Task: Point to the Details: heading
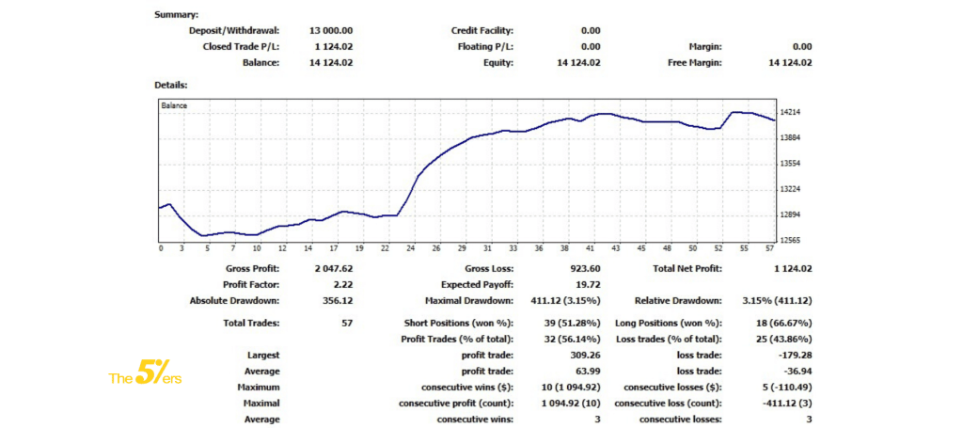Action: pos(171,85)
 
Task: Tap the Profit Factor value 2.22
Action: pos(343,284)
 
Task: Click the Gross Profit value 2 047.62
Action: pos(334,268)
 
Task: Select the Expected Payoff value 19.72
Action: pos(588,284)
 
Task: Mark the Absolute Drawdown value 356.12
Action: pos(338,300)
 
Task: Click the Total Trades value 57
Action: pos(346,323)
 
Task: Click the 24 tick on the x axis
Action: pos(410,249)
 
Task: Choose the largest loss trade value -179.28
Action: pos(792,356)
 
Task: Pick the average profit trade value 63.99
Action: pos(589,372)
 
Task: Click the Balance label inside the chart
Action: pos(174,105)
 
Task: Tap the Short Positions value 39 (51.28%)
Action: pos(570,323)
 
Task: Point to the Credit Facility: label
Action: pos(482,30)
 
